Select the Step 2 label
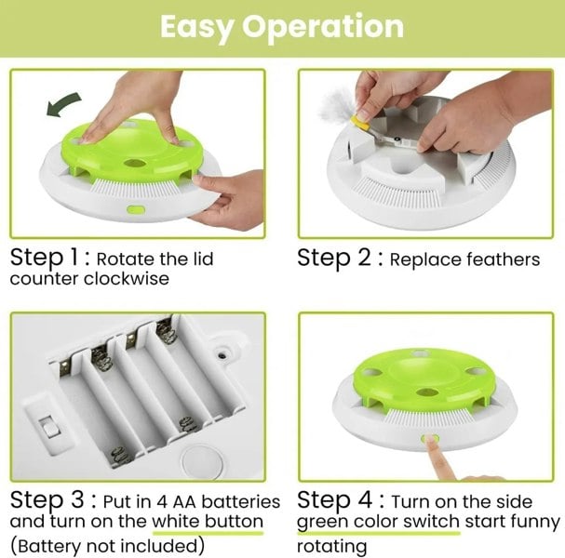pos(339,258)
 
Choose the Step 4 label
pos(339,499)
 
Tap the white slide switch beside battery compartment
pos(46,428)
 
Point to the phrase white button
pos(208,522)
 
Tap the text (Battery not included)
pos(105,544)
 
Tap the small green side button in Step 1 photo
pos(134,211)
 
